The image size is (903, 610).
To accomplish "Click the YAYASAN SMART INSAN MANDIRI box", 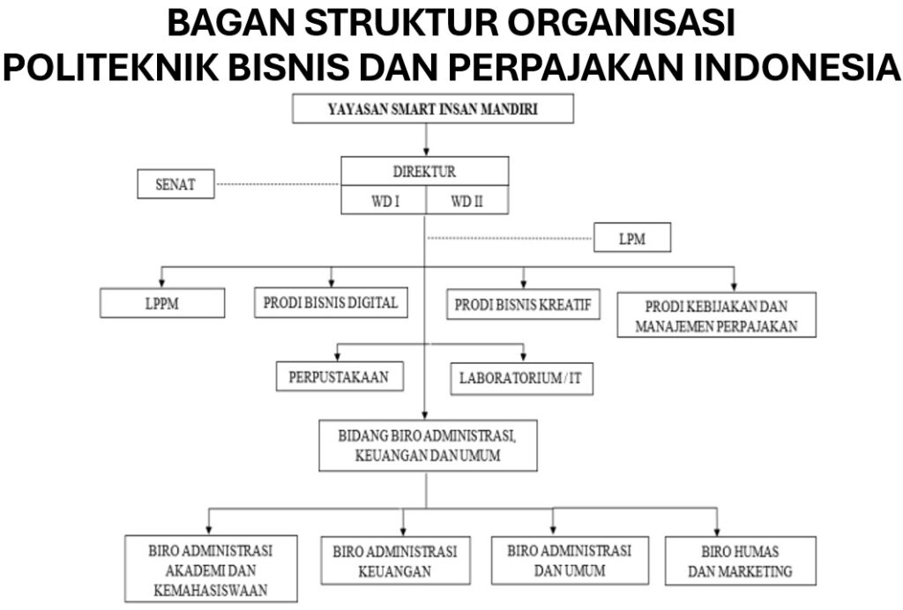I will click(x=433, y=109).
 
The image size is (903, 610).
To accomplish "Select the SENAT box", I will click(x=175, y=185).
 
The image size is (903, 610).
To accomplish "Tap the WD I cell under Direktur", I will click(x=384, y=201).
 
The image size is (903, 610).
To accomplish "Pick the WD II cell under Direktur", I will click(x=466, y=201).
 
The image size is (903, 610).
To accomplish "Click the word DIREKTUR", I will click(x=424, y=171).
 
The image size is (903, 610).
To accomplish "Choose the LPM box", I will click(x=632, y=238).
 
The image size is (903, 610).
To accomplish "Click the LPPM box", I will click(x=162, y=303).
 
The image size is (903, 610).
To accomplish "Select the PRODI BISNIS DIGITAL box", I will click(x=331, y=302).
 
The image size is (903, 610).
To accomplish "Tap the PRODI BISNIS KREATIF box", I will click(x=523, y=305).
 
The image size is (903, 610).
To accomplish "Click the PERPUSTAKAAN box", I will click(x=340, y=376).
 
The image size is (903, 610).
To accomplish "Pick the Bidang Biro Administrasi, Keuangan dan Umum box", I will click(x=427, y=445).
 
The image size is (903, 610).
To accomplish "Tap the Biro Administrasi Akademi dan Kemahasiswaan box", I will click(x=211, y=569).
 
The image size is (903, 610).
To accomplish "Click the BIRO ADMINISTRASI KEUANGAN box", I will click(x=394, y=561).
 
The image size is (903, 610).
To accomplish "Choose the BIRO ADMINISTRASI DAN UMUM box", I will click(x=569, y=560).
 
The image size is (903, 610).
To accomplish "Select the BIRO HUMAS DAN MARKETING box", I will click(x=740, y=561).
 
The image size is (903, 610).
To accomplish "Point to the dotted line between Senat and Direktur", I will click(x=277, y=185).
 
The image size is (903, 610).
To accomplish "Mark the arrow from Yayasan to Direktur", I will click(x=426, y=139).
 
